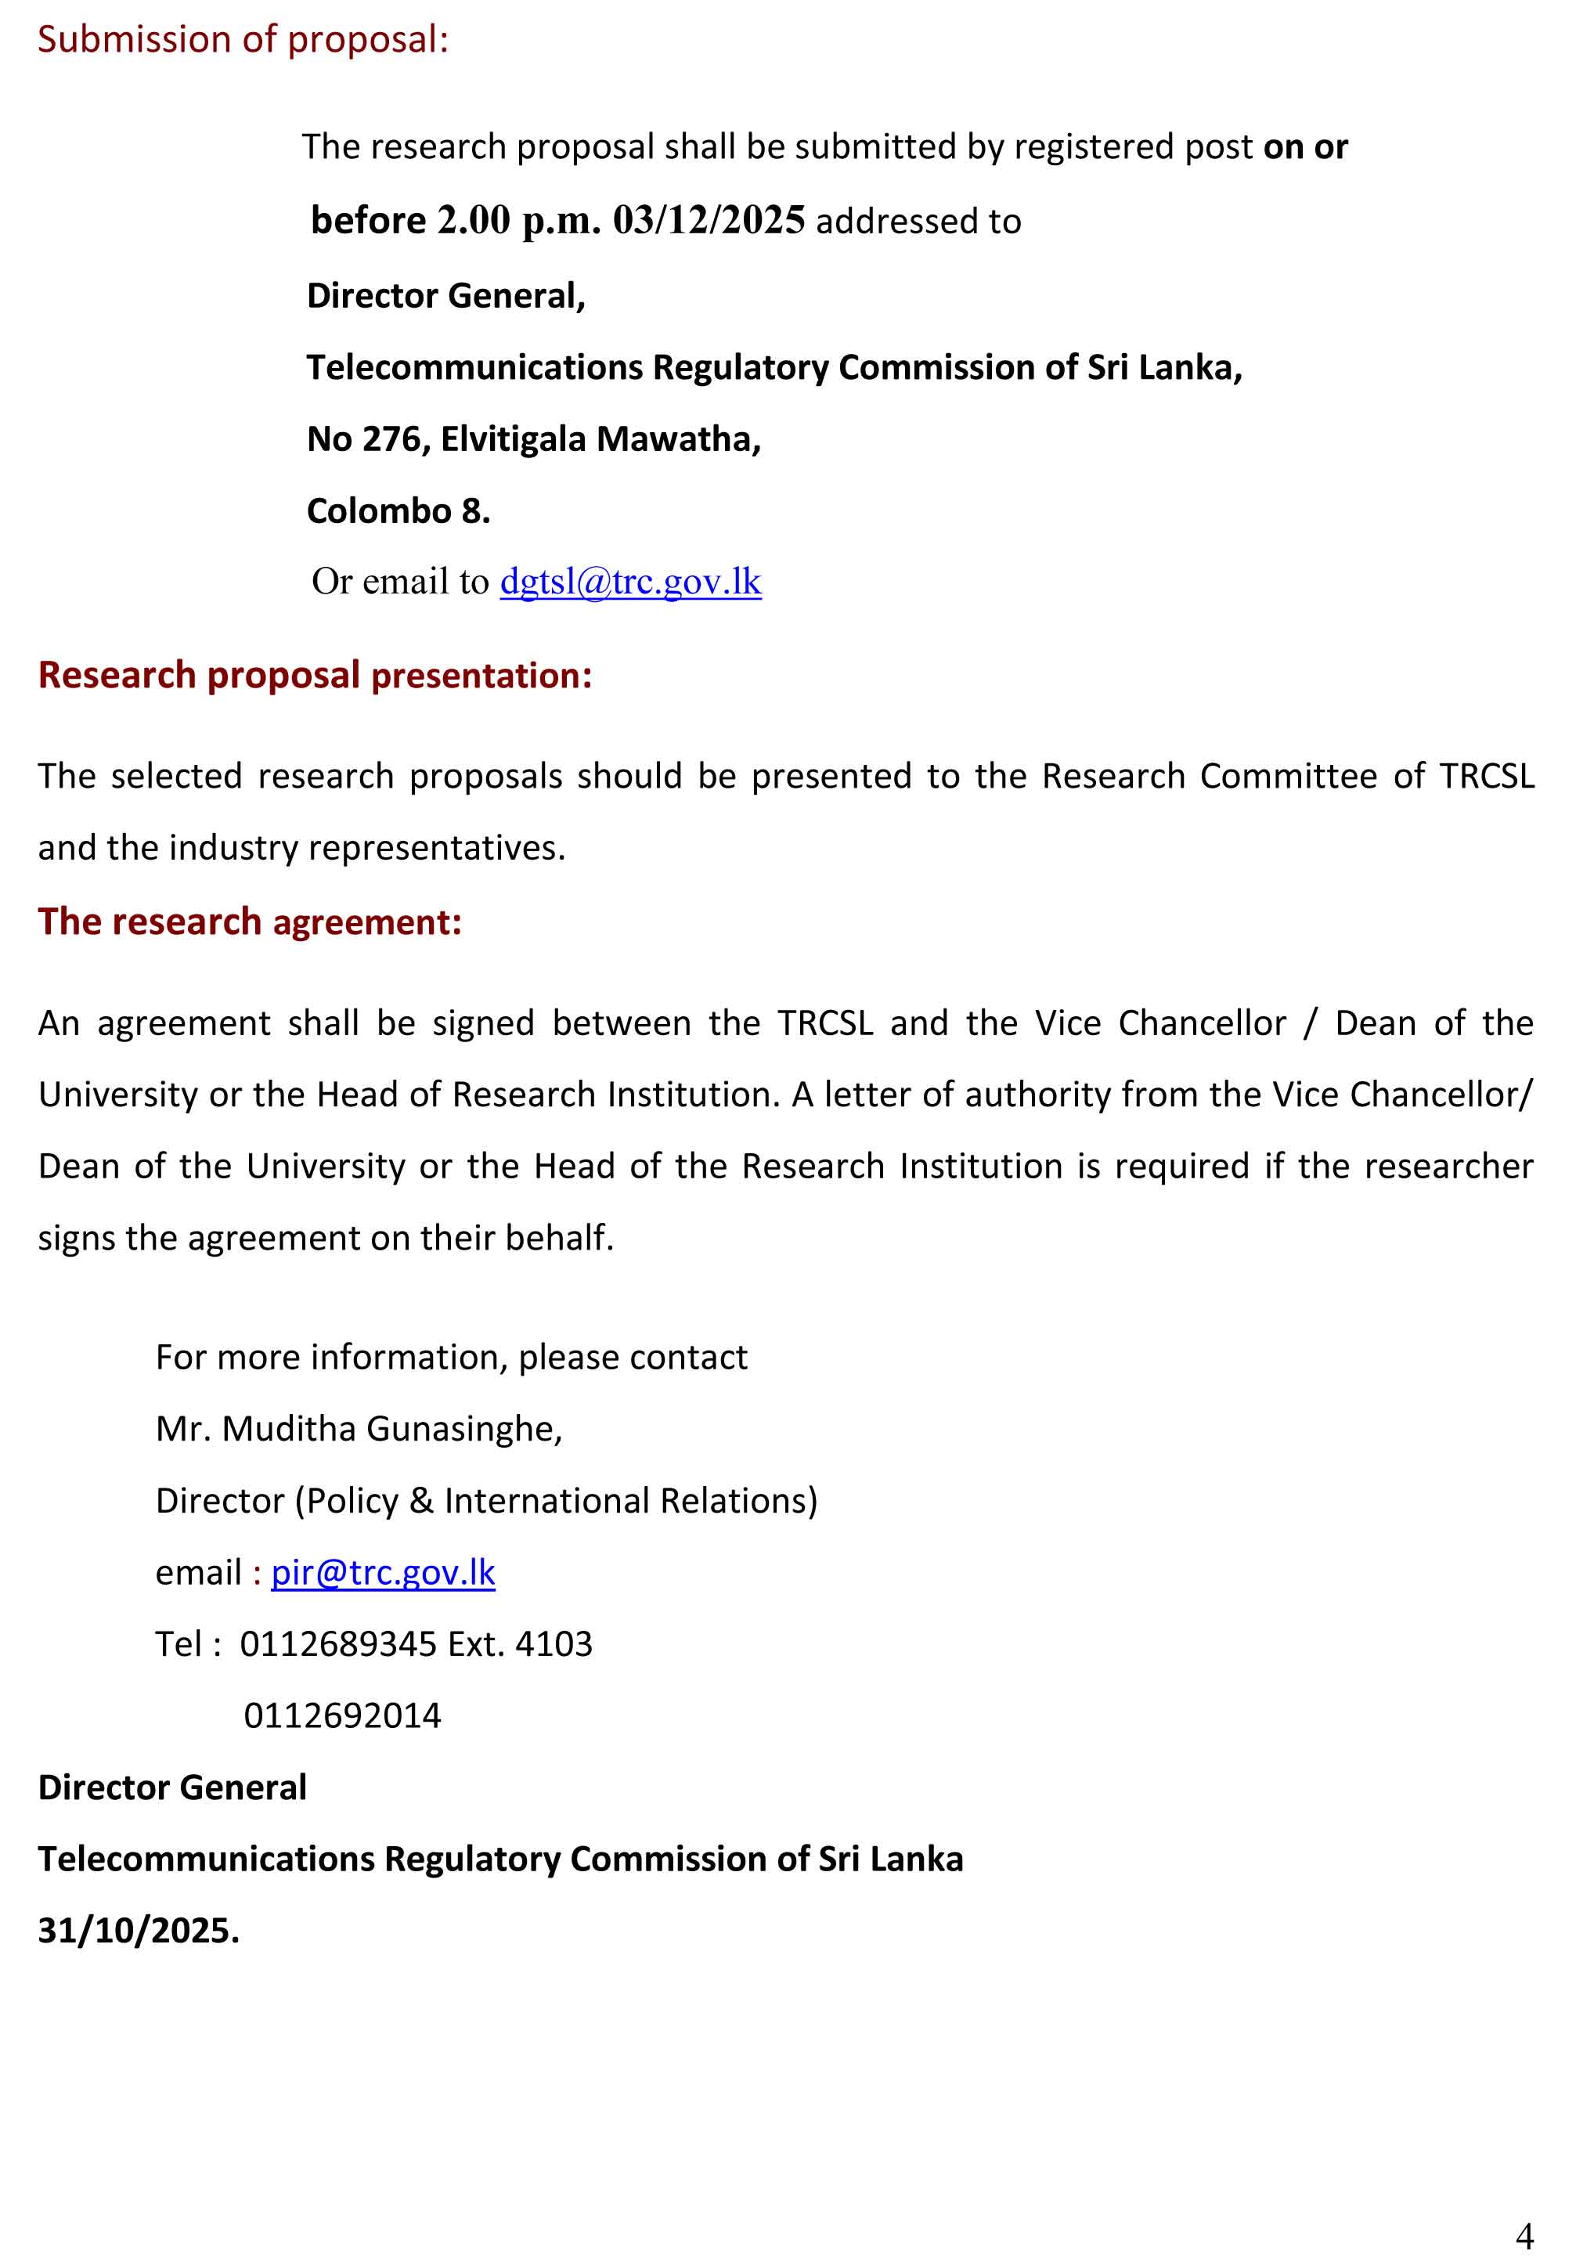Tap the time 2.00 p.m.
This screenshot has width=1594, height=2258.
pos(518,220)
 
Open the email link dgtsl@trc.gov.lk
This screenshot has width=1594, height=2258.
pos(630,581)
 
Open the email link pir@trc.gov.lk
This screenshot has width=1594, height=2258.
pos(383,1571)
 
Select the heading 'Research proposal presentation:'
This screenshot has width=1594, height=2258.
pos(315,676)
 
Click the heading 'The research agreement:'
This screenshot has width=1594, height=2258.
pos(250,922)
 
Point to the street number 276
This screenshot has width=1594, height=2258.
pos(392,438)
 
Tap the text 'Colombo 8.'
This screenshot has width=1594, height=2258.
pos(398,510)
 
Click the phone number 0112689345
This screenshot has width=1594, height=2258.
pos(337,1643)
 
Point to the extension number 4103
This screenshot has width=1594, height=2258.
pos(554,1643)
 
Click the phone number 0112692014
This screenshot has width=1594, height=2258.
pos(342,1715)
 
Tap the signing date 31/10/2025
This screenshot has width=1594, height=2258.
pos(139,1931)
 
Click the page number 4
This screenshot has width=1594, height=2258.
pos(1524,2235)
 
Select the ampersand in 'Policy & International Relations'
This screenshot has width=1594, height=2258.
pos(421,1500)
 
